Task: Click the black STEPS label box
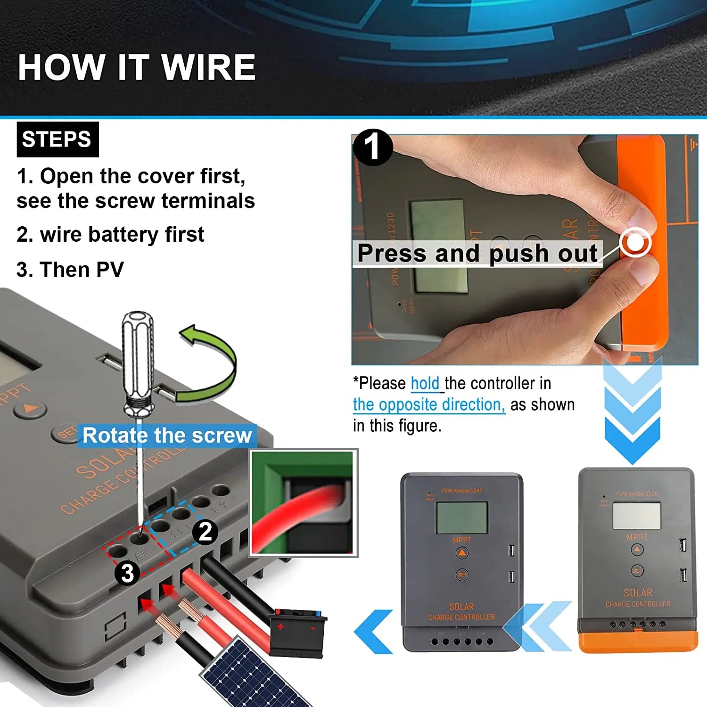click(58, 140)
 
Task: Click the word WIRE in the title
click(208, 67)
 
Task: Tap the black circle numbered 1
click(372, 147)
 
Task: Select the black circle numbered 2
click(205, 532)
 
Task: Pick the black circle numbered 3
click(127, 573)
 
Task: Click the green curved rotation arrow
click(212, 363)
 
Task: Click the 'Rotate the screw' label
click(167, 435)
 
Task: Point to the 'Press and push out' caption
click(477, 254)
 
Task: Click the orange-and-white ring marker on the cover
click(636, 243)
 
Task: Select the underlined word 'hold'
click(425, 383)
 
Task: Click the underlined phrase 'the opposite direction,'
click(429, 404)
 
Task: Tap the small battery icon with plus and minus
click(296, 632)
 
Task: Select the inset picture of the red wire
click(304, 503)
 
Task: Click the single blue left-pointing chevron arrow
click(375, 632)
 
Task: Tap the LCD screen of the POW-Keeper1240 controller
click(461, 517)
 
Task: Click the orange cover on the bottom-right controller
click(638, 642)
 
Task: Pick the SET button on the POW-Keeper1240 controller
click(462, 575)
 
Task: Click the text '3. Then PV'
click(70, 270)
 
